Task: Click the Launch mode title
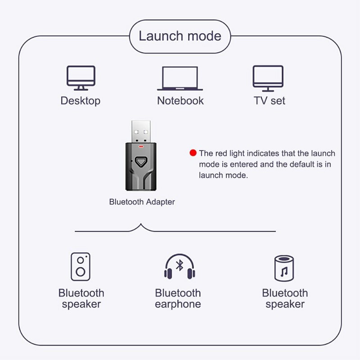tap(180, 36)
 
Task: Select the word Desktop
tap(81, 100)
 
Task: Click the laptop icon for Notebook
tap(180, 79)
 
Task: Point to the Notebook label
tap(180, 100)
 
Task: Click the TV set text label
tap(270, 100)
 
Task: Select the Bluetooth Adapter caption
tap(142, 202)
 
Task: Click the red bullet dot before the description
tap(193, 153)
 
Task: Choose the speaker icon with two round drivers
tap(81, 267)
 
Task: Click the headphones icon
tap(179, 266)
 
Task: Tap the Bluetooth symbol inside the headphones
tap(180, 265)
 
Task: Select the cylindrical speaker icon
tap(284, 268)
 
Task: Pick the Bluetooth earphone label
tap(178, 299)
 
